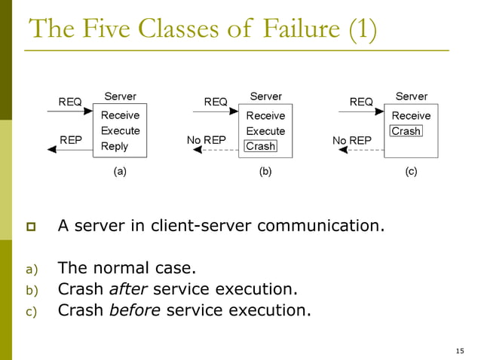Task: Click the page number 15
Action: coord(460,351)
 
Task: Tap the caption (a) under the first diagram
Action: coord(120,172)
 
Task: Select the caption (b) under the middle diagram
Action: coord(265,172)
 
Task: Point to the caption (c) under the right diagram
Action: coord(411,172)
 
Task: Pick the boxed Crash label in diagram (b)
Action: coord(261,146)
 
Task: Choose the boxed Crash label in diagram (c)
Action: coord(406,131)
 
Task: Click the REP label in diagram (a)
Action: coord(71,140)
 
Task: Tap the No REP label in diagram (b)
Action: coord(206,140)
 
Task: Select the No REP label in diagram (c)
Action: coord(351,140)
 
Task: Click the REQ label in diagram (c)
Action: coord(361,101)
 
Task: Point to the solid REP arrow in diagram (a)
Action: coord(71,150)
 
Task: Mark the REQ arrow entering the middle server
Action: coord(216,111)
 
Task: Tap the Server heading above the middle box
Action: coord(265,96)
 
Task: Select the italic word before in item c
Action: coord(135,310)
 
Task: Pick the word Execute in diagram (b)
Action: coord(265,131)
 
